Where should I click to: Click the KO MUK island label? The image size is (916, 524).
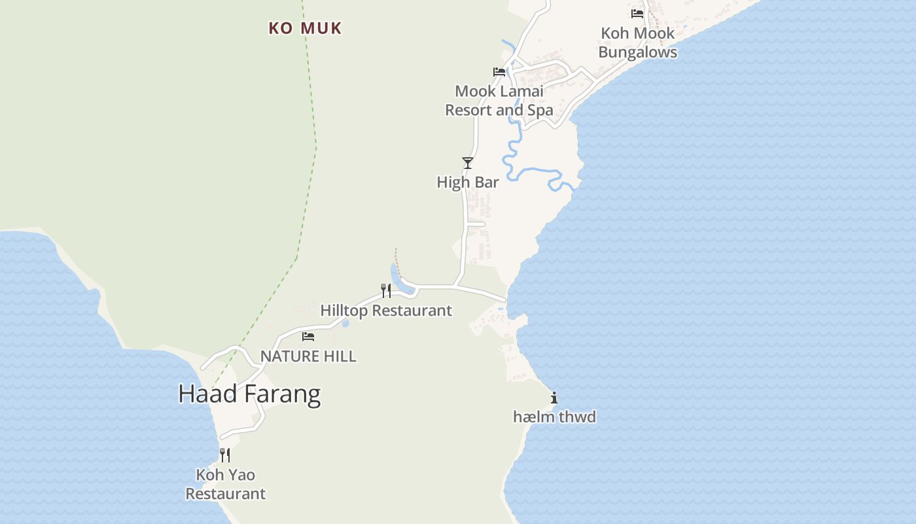305,28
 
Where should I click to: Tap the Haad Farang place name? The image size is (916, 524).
249,394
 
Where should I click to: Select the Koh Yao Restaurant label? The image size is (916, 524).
226,484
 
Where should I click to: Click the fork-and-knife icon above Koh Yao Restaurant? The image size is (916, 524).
225,455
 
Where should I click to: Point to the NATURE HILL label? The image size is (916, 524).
308,356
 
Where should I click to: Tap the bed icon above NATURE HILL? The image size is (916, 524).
308,337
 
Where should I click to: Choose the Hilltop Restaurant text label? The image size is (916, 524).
386,310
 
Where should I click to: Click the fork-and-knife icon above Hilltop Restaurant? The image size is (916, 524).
386,290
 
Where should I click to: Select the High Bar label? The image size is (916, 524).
468,183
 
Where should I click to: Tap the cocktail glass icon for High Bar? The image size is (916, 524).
467,162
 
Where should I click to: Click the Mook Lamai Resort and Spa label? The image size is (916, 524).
499,101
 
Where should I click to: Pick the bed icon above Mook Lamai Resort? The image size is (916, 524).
499,71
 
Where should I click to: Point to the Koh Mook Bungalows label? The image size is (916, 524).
638,43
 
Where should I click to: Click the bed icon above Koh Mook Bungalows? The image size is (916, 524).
637,13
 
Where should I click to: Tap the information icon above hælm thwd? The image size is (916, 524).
554,397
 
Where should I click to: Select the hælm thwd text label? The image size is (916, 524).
554,417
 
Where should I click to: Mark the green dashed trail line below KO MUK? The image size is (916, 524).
314,164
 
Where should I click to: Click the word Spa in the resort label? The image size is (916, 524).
540,111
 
